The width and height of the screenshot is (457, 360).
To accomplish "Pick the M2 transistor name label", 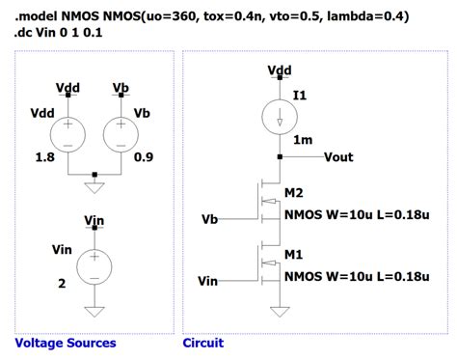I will coord(295,193).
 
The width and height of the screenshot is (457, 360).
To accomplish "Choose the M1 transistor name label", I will coord(295,256).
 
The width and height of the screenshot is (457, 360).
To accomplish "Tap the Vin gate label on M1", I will coord(207,281).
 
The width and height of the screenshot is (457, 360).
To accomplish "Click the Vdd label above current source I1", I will coord(280,70).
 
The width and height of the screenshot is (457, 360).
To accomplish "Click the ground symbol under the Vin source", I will coord(94,311).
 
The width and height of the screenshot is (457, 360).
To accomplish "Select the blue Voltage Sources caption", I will coord(66,343).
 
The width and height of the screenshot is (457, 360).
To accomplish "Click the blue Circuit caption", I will coord(203,343).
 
